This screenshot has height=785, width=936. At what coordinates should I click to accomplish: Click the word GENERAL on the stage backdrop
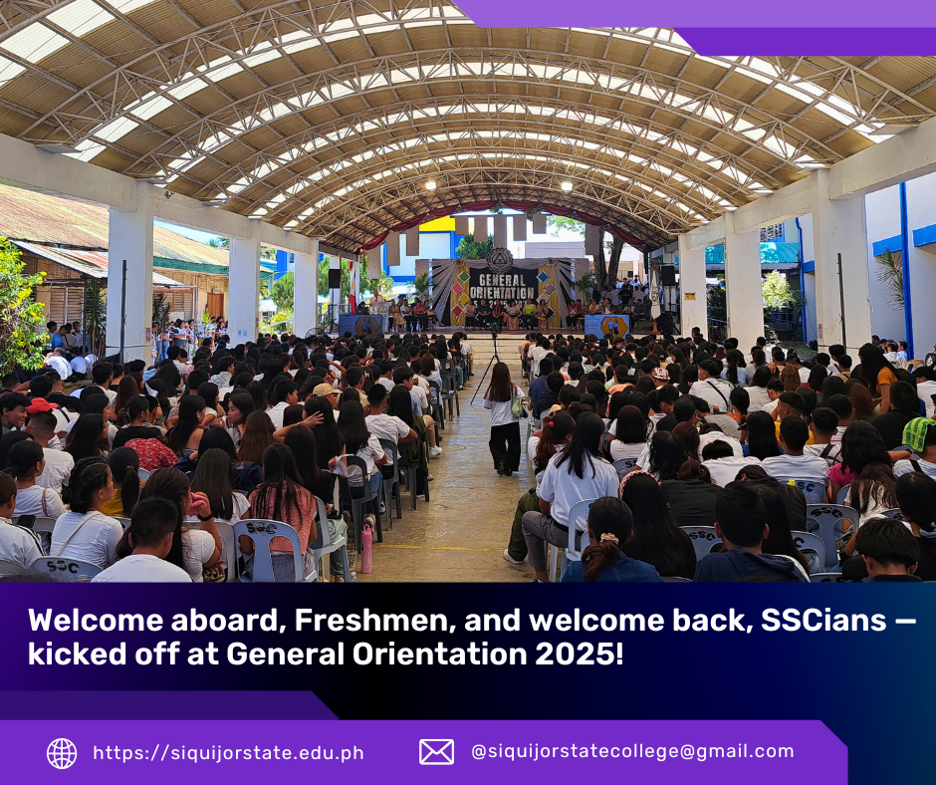pyautogui.click(x=502, y=280)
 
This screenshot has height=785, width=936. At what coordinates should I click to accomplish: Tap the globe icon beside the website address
pyautogui.click(x=62, y=753)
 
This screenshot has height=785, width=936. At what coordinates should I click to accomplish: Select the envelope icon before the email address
pyautogui.click(x=436, y=751)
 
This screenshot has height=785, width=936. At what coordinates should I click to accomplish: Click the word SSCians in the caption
pyautogui.click(x=823, y=620)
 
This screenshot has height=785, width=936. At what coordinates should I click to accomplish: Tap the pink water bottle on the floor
pyautogui.click(x=365, y=549)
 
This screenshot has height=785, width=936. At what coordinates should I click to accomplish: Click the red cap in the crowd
pyautogui.click(x=41, y=405)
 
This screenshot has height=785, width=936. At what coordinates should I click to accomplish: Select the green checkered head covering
pyautogui.click(x=919, y=432)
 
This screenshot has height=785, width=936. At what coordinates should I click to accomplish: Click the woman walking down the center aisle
pyautogui.click(x=505, y=418)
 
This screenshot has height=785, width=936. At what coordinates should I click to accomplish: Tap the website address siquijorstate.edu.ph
pyautogui.click(x=229, y=753)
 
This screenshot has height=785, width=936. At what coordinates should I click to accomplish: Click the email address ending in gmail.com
pyautogui.click(x=632, y=751)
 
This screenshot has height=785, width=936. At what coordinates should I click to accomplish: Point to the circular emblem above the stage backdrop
pyautogui.click(x=499, y=260)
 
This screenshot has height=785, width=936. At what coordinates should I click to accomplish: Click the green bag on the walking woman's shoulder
pyautogui.click(x=517, y=405)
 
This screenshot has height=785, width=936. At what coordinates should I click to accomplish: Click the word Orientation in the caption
pyautogui.click(x=439, y=654)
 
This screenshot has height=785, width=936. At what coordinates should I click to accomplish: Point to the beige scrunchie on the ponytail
pyautogui.click(x=608, y=538)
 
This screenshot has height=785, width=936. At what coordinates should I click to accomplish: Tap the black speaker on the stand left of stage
pyautogui.click(x=335, y=278)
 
